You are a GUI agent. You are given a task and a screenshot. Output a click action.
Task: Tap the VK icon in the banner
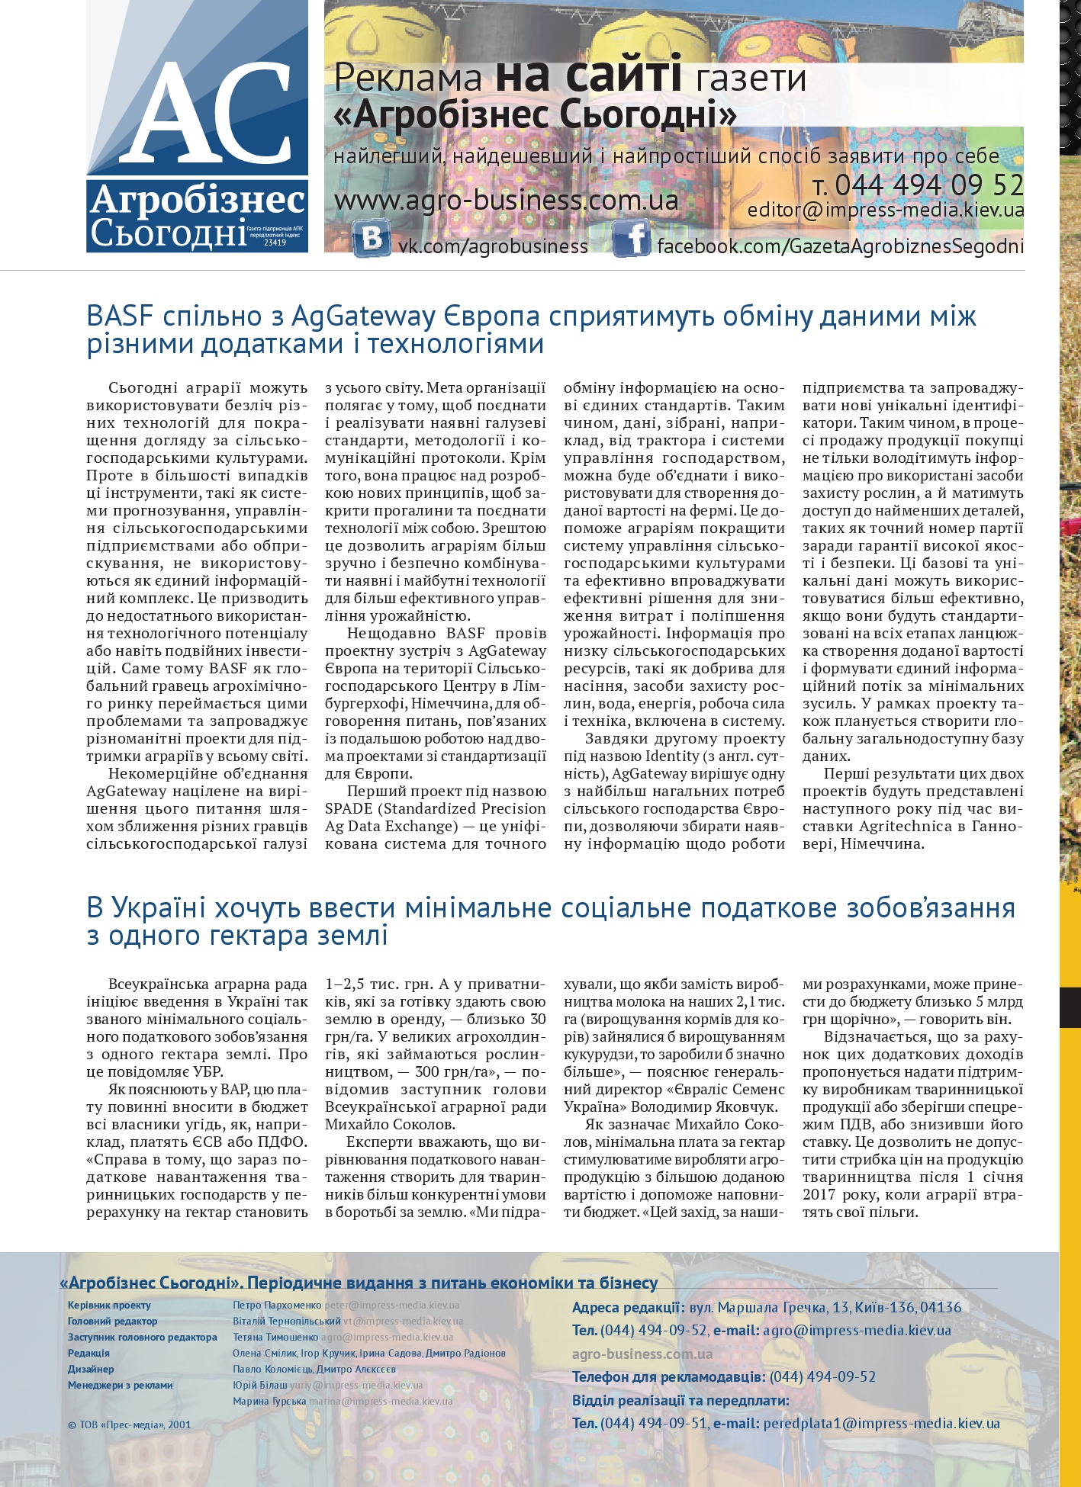[x=372, y=239]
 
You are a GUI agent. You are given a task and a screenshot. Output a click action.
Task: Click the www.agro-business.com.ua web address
[x=506, y=201]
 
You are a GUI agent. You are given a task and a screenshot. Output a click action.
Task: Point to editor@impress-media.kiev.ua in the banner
[x=885, y=210]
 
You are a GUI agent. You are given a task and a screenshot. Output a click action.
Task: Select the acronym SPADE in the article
[x=348, y=809]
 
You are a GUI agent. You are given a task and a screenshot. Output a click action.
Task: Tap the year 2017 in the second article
[x=819, y=1195]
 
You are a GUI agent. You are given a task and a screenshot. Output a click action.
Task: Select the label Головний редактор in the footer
[x=112, y=1322]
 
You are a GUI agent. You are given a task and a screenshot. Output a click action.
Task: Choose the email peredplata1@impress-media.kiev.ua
[x=881, y=1424]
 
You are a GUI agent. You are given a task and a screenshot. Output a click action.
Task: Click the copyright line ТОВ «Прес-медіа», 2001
[x=129, y=1424]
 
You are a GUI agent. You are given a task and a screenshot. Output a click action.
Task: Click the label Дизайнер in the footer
[x=91, y=1370]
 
